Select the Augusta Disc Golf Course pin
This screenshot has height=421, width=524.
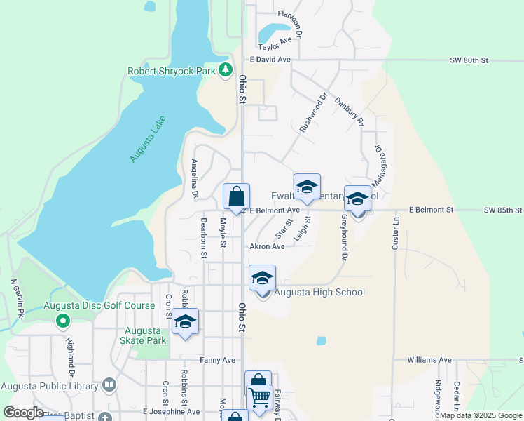click(x=63, y=321)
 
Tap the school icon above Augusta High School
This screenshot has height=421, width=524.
click(x=262, y=279)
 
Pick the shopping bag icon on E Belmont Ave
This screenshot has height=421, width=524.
click(x=237, y=196)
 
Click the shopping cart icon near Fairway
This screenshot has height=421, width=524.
click(x=259, y=396)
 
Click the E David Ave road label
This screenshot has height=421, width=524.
click(x=269, y=60)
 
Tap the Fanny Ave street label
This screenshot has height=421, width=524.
click(x=217, y=360)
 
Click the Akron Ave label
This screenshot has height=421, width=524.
click(x=267, y=246)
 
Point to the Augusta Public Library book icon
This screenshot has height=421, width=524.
click(x=109, y=384)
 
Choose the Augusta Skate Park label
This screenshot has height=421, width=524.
click(x=145, y=335)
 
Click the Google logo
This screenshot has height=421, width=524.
click(x=22, y=413)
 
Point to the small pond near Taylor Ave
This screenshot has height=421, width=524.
click(x=273, y=32)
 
